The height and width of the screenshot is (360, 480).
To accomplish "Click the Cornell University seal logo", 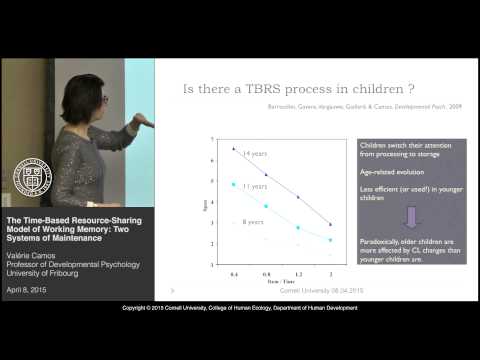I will (x=33, y=177).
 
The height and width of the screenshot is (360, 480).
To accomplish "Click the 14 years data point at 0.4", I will (x=234, y=148).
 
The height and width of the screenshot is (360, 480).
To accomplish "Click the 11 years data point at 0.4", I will (x=234, y=184).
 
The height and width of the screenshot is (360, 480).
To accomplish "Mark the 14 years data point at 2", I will (x=330, y=224).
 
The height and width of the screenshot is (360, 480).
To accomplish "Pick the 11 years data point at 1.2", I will (x=298, y=228).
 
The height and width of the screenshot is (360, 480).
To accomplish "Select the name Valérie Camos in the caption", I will (x=33, y=258).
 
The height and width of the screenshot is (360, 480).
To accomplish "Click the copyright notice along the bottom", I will (x=240, y=336).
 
